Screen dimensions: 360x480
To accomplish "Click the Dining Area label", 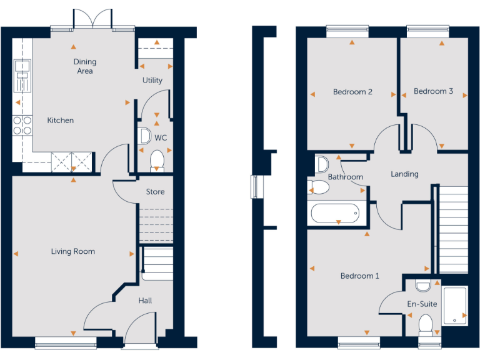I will pyautogui.click(x=85, y=66).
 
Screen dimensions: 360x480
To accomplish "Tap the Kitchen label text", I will pyautogui.click(x=61, y=120).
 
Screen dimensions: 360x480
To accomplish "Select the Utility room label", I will pyautogui.click(x=152, y=80).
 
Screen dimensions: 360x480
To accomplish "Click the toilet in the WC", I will pyautogui.click(x=157, y=159).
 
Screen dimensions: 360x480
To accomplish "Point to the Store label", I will pyautogui.click(x=156, y=191).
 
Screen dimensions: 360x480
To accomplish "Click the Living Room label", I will pyautogui.click(x=73, y=251).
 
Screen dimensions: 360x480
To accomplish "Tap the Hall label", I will pyautogui.click(x=145, y=301).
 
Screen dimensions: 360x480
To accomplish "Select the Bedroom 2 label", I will pyautogui.click(x=352, y=92).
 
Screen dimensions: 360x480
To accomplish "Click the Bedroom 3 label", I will pyautogui.click(x=434, y=91).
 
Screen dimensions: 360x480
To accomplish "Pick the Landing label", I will pyautogui.click(x=404, y=174).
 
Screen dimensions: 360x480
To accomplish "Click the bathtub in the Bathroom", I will pyautogui.click(x=336, y=213).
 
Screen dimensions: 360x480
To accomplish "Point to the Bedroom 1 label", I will pyautogui.click(x=359, y=276).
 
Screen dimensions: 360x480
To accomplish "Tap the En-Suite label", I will pyautogui.click(x=422, y=304).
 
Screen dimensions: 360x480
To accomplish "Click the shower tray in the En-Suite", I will pyautogui.click(x=455, y=306).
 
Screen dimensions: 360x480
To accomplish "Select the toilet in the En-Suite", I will pyautogui.click(x=426, y=324).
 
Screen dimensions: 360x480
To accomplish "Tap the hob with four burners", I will pyautogui.click(x=23, y=126).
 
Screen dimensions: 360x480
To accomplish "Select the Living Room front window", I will pyautogui.click(x=66, y=341).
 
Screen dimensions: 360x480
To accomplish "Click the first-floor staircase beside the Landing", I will pyautogui.click(x=454, y=228).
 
